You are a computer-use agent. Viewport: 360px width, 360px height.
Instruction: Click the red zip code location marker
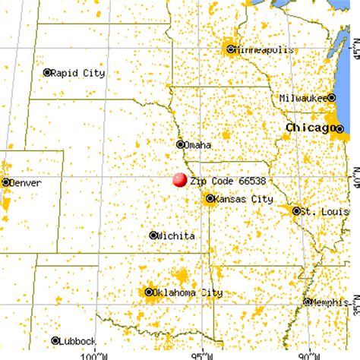pos(180,180)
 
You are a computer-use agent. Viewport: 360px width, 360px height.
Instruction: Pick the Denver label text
pos(26,182)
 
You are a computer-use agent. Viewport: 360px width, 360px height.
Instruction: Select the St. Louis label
pos(314,210)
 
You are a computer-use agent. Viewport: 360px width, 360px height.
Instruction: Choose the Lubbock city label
pos(78,341)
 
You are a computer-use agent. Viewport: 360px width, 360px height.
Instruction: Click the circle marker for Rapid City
pos(47,73)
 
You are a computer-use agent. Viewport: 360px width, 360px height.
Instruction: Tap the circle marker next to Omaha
pos(181,144)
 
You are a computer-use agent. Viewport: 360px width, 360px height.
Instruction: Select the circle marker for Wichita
pos(154,235)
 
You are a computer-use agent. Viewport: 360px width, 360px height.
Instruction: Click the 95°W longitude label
pos(200,354)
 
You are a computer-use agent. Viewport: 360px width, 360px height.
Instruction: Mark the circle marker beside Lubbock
pos(55,341)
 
